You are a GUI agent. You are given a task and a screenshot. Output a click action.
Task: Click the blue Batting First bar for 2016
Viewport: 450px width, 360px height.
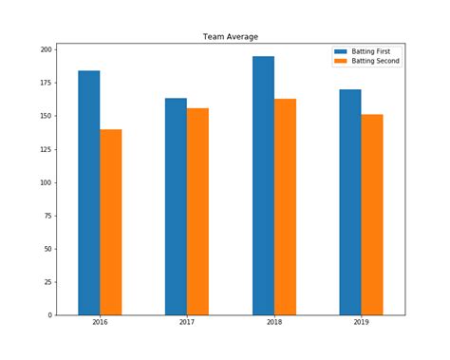[89, 193]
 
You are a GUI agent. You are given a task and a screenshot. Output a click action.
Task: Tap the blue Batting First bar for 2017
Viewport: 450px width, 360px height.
[176, 206]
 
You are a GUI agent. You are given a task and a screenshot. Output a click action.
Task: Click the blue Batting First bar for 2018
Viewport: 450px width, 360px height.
[263, 185]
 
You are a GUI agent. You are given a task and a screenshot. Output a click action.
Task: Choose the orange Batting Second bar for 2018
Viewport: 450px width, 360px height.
[285, 207]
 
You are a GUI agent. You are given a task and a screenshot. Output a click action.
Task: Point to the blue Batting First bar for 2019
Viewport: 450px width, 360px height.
[350, 202]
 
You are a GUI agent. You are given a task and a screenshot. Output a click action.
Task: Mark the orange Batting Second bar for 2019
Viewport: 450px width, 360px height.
[372, 215]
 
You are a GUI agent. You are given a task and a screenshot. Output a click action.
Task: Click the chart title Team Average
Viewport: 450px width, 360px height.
[230, 37]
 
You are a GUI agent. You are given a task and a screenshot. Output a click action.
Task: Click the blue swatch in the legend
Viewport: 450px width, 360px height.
[340, 50]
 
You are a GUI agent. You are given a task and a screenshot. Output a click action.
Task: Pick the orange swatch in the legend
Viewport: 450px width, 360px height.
[340, 61]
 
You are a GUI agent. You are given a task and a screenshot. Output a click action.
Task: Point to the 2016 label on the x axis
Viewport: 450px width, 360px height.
[100, 324]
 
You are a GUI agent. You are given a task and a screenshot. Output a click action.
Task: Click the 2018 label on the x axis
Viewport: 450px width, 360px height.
[273, 324]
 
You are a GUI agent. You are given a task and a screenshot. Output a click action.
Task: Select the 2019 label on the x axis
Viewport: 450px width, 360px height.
[361, 324]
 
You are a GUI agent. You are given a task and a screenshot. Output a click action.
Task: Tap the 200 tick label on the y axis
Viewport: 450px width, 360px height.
[47, 49]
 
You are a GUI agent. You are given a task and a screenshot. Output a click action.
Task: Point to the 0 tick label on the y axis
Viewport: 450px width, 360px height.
[50, 315]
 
